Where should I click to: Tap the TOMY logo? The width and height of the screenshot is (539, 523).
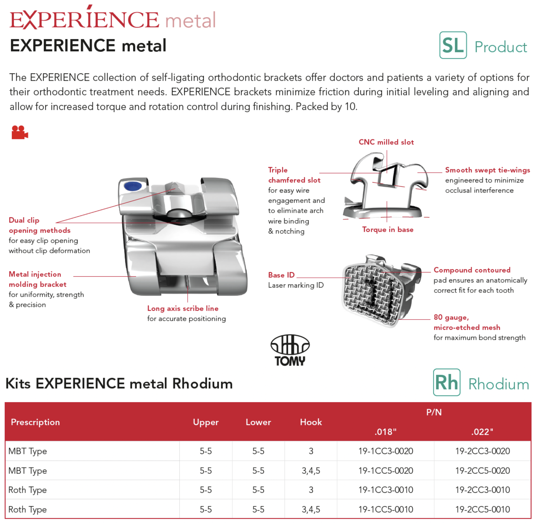[x=290, y=350]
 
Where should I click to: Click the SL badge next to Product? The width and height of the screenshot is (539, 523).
[x=453, y=45]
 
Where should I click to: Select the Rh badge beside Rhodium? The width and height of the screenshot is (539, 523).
[x=446, y=382]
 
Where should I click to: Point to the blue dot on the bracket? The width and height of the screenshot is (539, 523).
[x=133, y=186]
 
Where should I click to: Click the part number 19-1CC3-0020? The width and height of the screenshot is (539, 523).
[x=386, y=451]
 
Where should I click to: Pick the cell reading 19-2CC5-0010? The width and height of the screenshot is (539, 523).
[x=483, y=509]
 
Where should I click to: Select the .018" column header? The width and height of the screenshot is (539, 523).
[x=386, y=432]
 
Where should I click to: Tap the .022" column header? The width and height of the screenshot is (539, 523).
[x=482, y=432]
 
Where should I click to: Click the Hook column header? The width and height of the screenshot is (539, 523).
[x=311, y=422]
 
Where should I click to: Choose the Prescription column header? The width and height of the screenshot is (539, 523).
[x=35, y=422]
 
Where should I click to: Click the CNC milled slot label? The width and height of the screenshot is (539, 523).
[x=386, y=142]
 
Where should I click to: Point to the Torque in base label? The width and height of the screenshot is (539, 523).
[x=388, y=230]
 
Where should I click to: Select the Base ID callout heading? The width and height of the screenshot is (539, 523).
[x=281, y=275]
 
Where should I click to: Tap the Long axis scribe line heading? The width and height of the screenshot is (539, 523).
[x=183, y=308]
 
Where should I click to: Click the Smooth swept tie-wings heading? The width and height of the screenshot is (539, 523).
[x=487, y=170]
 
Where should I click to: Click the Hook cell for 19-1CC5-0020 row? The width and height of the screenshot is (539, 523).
[x=311, y=471]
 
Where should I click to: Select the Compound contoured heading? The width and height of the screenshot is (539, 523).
[x=472, y=270]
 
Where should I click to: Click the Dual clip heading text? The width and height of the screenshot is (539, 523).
[x=24, y=220]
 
